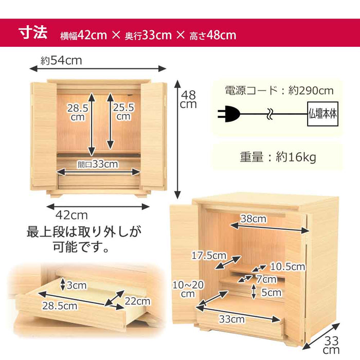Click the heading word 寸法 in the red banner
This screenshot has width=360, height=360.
33,33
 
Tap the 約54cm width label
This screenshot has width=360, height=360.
61,61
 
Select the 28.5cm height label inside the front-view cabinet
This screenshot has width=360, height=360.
78,112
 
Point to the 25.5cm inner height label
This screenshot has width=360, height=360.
123,112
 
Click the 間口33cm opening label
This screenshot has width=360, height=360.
98,164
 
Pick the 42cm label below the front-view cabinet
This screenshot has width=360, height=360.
71,215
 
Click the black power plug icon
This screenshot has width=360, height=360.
229,114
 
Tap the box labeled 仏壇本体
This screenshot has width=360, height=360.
322,114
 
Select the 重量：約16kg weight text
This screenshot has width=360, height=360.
278,157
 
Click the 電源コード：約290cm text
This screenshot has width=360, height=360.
279,91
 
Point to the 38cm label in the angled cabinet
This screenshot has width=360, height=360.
254,219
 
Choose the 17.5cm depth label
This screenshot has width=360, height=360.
209,255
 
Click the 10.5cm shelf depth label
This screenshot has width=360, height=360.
287,266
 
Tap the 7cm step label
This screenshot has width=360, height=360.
266,279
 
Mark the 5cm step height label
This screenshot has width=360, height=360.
272,293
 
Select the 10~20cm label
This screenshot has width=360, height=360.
188,289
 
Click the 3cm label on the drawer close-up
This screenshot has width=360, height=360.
77,285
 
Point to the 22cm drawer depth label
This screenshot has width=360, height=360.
137,301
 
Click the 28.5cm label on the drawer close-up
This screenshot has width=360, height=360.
60,306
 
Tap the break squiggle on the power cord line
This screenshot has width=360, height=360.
270,114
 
